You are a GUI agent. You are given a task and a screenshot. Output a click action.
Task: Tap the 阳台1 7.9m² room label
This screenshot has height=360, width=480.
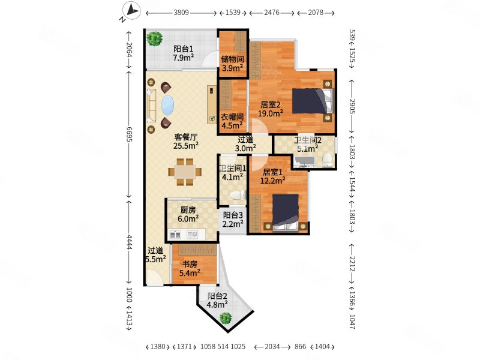coord(182,54)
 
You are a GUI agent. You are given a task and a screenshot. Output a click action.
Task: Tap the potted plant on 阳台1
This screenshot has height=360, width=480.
coord(155,40)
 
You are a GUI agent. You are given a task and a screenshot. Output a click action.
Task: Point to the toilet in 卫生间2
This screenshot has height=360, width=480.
coord(327,159)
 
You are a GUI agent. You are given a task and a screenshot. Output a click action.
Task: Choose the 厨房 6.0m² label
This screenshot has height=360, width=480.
coord(188,215)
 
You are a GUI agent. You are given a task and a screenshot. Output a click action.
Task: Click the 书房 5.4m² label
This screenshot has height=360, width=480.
coord(190,269)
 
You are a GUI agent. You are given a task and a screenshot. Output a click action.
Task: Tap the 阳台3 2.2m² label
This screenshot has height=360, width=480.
coord(233,220)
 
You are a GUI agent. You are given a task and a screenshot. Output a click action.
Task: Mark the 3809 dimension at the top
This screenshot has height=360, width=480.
coord(182,12)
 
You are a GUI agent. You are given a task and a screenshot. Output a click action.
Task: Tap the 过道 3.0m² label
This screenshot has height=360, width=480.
coord(245,144)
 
